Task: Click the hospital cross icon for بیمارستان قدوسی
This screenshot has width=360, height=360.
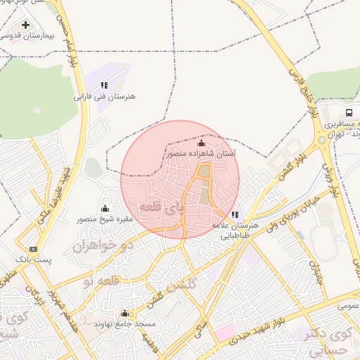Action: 26,25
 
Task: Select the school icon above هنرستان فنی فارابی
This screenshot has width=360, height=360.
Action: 105,85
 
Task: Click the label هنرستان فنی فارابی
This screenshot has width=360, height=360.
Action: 105,96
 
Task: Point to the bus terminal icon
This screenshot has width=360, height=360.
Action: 349,112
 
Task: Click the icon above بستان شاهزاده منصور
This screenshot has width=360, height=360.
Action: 201,143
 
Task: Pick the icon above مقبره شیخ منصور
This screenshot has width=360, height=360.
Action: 105,208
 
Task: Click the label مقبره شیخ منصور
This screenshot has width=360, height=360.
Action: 105,219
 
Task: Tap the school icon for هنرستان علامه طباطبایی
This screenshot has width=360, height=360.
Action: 235,214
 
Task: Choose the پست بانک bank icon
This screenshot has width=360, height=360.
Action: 33,249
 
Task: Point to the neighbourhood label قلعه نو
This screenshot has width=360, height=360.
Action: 98,281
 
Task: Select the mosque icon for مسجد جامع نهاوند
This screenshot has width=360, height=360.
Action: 124,314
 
